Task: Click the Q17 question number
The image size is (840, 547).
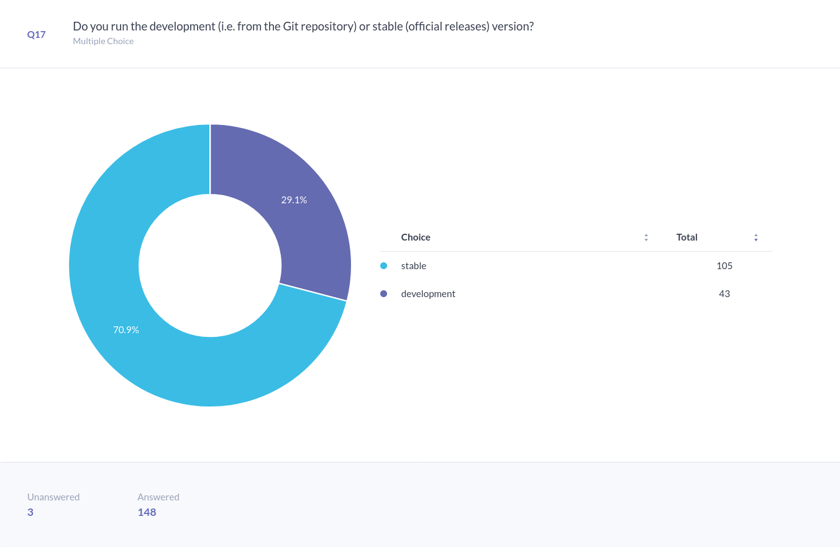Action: (x=36, y=35)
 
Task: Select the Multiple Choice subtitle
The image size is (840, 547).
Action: (x=103, y=41)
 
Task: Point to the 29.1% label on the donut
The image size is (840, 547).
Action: (x=294, y=200)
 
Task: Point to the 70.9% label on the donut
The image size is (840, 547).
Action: (x=126, y=329)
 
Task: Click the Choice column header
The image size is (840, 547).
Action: (x=416, y=237)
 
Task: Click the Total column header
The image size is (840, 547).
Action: (x=687, y=237)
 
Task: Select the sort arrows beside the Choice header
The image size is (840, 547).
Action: (x=646, y=237)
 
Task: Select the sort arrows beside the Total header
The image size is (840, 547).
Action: (x=756, y=237)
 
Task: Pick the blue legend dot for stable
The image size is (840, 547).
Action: (x=383, y=266)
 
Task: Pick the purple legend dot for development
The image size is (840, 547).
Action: (x=383, y=294)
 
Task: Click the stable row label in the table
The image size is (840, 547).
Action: (x=414, y=266)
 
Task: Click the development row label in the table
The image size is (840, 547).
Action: (x=428, y=294)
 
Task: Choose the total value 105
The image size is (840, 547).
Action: (x=724, y=266)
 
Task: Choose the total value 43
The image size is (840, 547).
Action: (x=724, y=294)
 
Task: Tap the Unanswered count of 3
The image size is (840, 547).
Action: (x=30, y=513)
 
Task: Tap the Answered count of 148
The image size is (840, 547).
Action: (x=147, y=513)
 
